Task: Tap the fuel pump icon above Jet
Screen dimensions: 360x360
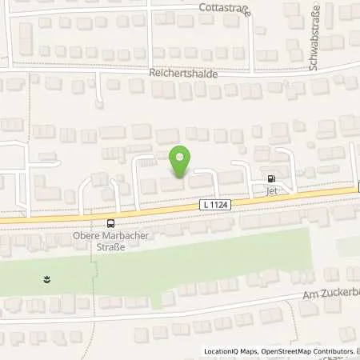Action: (x=271, y=179)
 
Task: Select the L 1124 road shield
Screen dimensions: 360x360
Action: (x=213, y=206)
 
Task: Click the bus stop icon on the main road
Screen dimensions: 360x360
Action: (x=110, y=223)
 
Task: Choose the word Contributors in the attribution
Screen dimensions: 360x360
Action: (x=334, y=352)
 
